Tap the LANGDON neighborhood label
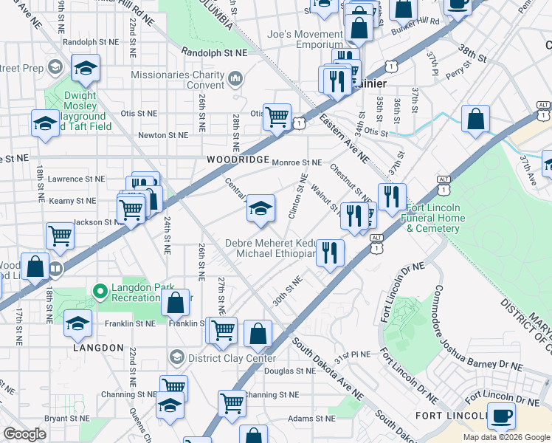[98, 347]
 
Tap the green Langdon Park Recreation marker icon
[100, 292]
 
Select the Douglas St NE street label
[272, 371]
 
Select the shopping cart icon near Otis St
[277, 116]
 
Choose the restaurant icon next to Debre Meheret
[330, 253]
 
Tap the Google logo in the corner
[25, 434]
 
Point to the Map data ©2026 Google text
[506, 437]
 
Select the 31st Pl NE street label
[351, 354]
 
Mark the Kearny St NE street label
[72, 200]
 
